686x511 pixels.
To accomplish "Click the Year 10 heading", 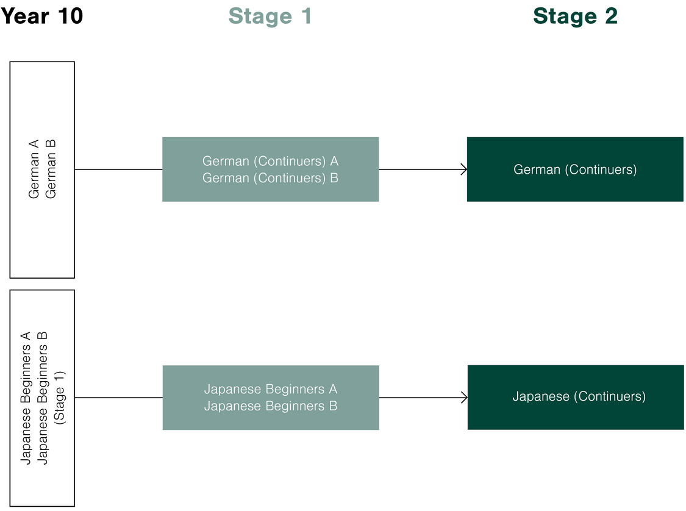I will pos(41,16).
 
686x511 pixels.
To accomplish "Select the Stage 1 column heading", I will pos(270,16).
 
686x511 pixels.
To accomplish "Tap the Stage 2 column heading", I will pos(575,16).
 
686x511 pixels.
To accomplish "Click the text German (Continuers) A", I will pos(270,161).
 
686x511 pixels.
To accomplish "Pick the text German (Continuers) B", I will pos(270,178).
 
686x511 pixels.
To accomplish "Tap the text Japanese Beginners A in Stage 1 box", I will pos(270,389).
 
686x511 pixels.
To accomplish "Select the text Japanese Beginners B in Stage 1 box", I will pos(270,406).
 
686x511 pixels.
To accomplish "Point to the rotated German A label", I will pos(34,169).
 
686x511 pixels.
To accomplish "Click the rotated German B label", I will pos(51,169).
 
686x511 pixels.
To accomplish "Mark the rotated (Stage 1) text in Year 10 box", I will pos(60,398).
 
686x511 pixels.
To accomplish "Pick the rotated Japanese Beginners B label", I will pos(43,398).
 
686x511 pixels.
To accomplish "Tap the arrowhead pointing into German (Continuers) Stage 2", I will pos(464,170).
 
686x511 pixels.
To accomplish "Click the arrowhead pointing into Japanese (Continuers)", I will pos(465,398).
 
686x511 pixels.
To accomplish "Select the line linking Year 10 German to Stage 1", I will pos(118,170).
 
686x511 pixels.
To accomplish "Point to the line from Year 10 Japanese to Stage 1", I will pos(118,398).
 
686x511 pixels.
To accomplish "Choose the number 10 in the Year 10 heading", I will pos(70,16).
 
